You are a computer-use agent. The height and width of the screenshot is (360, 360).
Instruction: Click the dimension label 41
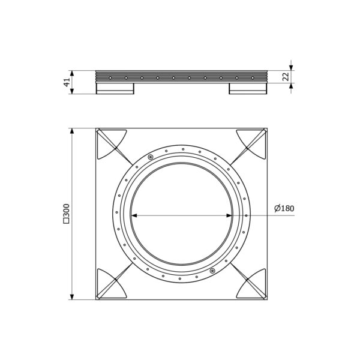(67, 82)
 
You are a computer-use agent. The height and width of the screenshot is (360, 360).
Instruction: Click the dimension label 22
(286, 77)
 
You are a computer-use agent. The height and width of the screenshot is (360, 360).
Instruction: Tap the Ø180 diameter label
(284, 208)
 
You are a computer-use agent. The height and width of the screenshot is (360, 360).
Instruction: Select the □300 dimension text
(66, 214)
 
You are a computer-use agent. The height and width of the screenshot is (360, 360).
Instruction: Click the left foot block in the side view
(115, 88)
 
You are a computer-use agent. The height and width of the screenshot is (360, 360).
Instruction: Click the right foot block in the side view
(248, 88)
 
